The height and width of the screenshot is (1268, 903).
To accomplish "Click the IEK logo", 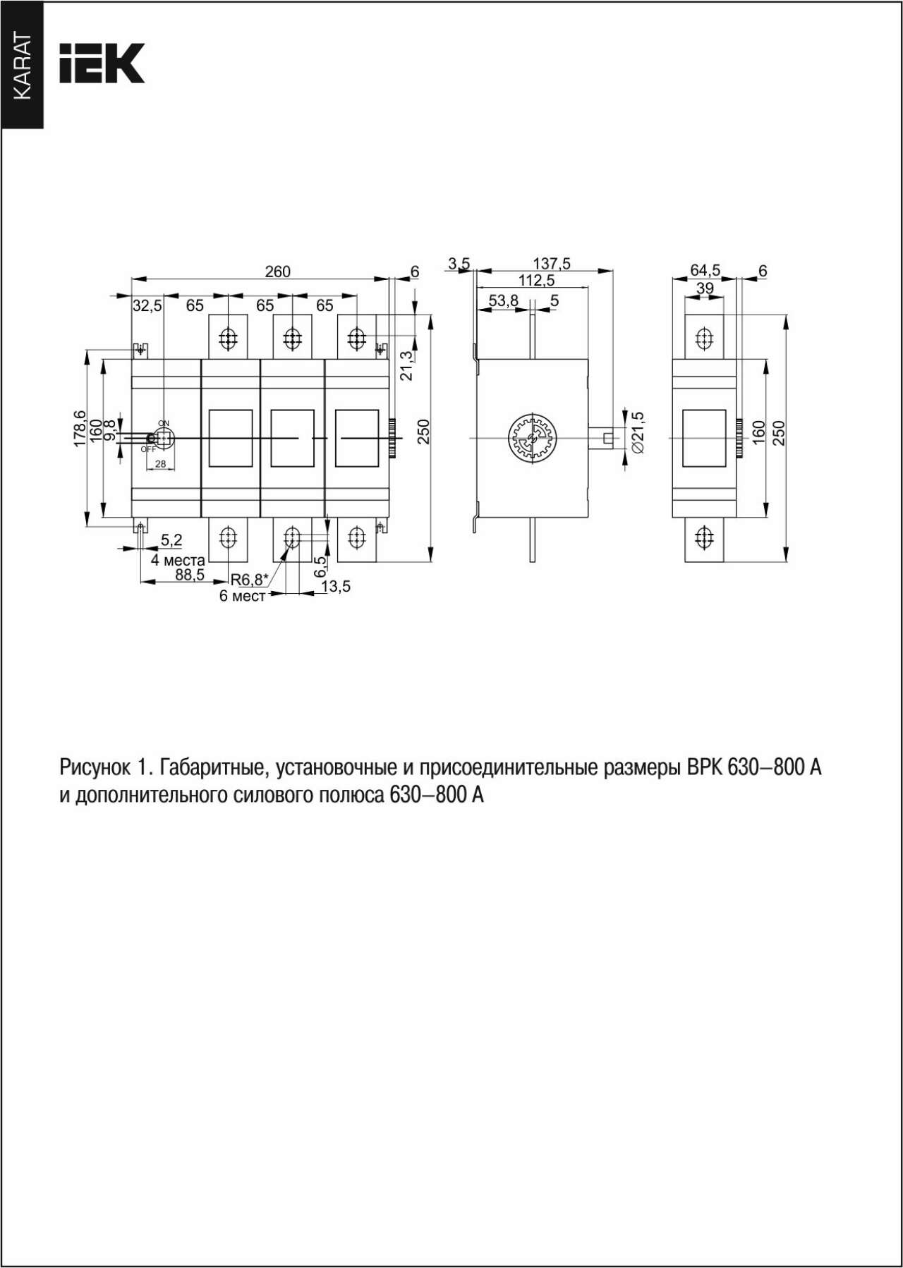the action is (x=102, y=63).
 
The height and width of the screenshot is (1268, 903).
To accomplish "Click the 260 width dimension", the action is (x=278, y=272).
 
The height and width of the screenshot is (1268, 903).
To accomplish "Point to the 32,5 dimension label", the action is (x=147, y=305).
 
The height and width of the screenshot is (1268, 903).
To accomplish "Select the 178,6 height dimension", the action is (x=80, y=428).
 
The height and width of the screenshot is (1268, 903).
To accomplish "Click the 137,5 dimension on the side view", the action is (x=552, y=264).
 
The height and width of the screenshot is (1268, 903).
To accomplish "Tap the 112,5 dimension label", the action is (x=537, y=280).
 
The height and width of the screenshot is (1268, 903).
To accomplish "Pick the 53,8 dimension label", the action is (x=504, y=301).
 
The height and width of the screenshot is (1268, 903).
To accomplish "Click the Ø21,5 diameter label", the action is (x=638, y=432).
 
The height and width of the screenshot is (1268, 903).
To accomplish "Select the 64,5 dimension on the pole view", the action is (x=705, y=271).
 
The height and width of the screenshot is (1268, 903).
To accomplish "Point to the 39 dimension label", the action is (x=705, y=288).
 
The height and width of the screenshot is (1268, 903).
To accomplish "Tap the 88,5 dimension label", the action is (x=190, y=575).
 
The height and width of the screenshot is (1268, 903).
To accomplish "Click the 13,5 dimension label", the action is (x=336, y=586).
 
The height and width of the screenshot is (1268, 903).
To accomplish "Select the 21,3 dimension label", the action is (x=407, y=365).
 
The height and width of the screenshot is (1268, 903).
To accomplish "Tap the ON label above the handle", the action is (x=164, y=423).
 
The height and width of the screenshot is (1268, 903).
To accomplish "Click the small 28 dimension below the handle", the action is (x=161, y=464).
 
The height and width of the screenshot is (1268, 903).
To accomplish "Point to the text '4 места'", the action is (x=178, y=561).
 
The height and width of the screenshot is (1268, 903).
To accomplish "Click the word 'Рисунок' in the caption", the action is (x=95, y=767).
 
